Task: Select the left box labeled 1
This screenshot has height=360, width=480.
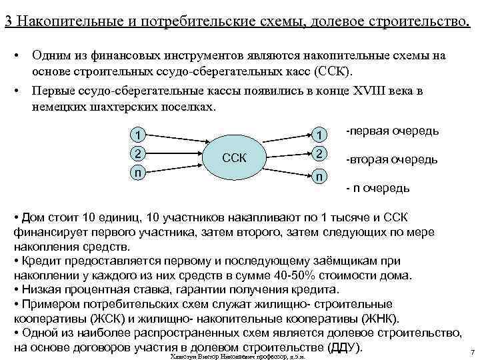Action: coord(137,135)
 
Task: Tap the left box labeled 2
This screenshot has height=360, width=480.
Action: coord(137,153)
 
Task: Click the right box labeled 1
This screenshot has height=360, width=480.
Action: coord(321,135)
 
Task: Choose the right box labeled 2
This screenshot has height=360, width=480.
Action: coord(321,153)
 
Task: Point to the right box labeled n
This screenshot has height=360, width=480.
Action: coord(321,177)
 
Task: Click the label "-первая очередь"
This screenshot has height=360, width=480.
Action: coord(393,131)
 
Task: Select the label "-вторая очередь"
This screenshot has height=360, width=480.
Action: coord(392,160)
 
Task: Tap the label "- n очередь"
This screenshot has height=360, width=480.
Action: coord(377,189)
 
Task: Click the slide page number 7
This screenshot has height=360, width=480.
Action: coord(471,352)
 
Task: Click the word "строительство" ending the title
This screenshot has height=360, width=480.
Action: coord(420,20)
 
